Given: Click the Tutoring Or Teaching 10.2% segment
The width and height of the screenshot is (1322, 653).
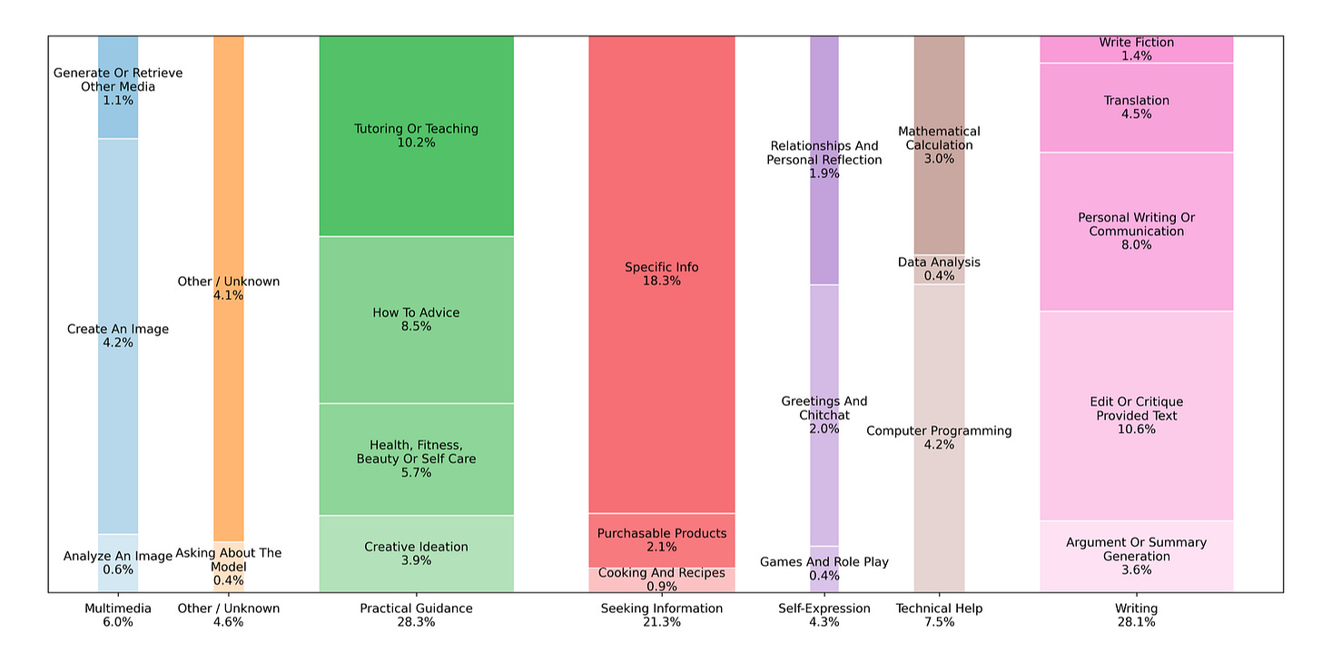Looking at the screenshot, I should click(x=416, y=136).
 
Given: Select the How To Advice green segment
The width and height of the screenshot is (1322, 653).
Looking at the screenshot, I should click(x=416, y=320).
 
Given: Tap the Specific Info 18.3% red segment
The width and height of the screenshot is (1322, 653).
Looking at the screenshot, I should click(x=661, y=274).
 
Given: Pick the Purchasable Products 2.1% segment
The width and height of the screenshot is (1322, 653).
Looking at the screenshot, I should click(x=661, y=540).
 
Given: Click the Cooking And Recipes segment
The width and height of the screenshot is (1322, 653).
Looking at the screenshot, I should click(x=661, y=579).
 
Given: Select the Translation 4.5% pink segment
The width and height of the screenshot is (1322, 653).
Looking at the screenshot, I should click(x=1136, y=107).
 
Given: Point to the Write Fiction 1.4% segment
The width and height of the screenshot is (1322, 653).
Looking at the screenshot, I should click(x=1136, y=49).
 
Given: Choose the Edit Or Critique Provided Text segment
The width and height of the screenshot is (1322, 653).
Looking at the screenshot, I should click(x=1136, y=415).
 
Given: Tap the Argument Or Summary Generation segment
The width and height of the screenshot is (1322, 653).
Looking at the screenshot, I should click(x=1136, y=556).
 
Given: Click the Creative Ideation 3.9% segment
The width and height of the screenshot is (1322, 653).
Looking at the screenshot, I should click(x=416, y=553).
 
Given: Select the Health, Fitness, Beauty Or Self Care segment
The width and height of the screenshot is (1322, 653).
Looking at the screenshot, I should click(x=416, y=459).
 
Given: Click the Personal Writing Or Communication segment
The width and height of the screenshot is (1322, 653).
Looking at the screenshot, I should click(x=1136, y=231).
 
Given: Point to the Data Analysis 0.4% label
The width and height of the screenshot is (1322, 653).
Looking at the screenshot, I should click(x=939, y=269).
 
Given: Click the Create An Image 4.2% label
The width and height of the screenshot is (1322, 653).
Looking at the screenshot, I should click(x=118, y=336).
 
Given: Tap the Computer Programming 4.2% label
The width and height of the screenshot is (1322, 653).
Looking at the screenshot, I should click(x=939, y=438).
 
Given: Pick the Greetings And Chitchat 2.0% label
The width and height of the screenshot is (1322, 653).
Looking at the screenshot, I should click(x=824, y=415).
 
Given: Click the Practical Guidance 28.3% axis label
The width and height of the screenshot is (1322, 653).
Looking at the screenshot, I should click(x=416, y=615).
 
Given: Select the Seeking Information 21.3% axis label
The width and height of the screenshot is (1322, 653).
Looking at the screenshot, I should click(x=661, y=615).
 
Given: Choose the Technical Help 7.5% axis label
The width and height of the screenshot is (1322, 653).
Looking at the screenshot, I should click(x=939, y=615).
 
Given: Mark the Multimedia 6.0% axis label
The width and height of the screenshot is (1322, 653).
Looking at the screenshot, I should click(x=118, y=615).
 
